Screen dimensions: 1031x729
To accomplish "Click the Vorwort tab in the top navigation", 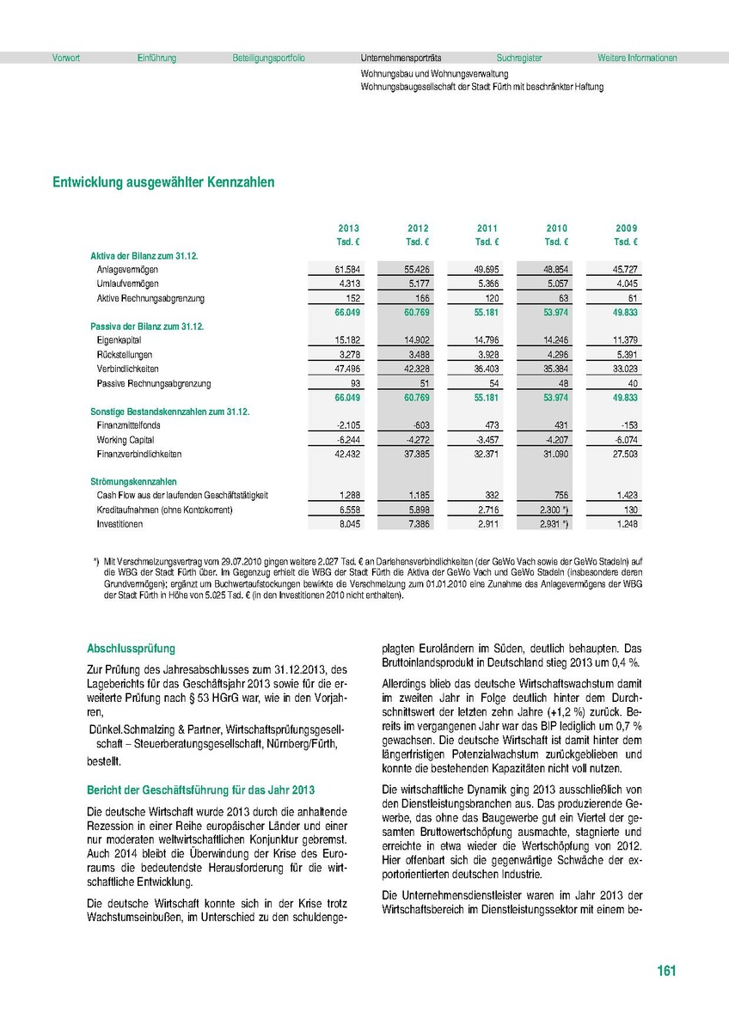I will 66,58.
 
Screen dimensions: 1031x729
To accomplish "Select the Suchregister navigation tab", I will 519,58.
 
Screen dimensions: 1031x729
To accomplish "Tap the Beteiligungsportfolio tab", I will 268,58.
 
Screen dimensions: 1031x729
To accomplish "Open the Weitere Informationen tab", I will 637,58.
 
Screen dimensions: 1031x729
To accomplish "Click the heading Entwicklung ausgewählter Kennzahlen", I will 163,183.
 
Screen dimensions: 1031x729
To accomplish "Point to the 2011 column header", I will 487,229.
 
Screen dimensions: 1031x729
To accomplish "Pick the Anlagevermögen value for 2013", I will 347,270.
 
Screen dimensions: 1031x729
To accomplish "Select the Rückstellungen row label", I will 125,355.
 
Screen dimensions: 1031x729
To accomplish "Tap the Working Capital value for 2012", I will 418,440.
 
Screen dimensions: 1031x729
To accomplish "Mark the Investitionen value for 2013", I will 349,524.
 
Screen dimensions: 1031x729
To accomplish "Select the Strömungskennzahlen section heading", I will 134,482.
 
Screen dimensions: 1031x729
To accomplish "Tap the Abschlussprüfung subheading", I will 131,650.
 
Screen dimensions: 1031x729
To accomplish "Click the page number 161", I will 666,971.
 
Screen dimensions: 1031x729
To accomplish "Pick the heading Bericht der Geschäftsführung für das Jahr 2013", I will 201,790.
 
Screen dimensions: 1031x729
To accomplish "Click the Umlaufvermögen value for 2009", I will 627,284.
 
